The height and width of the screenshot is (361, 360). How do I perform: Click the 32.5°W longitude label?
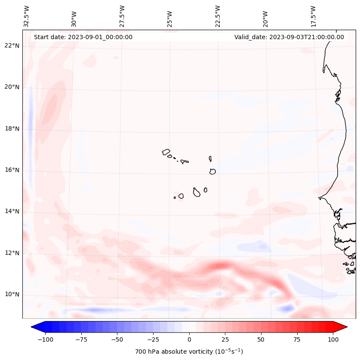point(27,16)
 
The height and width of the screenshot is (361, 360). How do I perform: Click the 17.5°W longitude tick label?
point(313,16)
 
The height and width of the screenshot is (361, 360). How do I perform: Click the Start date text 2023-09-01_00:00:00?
point(83,37)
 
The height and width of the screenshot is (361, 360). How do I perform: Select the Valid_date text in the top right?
point(289,37)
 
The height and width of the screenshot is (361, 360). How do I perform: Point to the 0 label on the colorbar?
point(189,339)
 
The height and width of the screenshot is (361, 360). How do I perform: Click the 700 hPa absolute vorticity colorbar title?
point(189,352)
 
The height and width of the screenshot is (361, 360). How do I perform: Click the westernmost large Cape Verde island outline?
point(166,152)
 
